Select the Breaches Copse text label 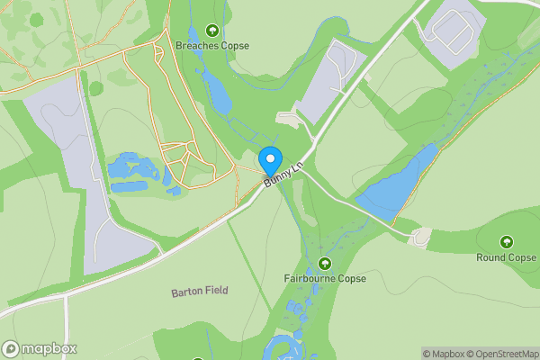pos(212,45)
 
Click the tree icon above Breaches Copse pos(212,30)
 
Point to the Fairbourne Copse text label pos(325,278)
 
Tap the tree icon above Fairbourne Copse pos(325,263)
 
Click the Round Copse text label pos(506,257)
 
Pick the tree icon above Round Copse pos(506,241)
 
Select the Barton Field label pos(200,291)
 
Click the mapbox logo pos(39,348)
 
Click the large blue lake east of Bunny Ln pos(396,184)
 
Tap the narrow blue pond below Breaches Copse pos(217,88)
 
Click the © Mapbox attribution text pos(441,354)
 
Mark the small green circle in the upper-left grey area pos(95,87)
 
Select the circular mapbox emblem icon pos(11,348)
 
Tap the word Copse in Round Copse pos(521,257)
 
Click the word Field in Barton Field pos(215,291)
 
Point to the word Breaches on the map pos(197,45)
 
